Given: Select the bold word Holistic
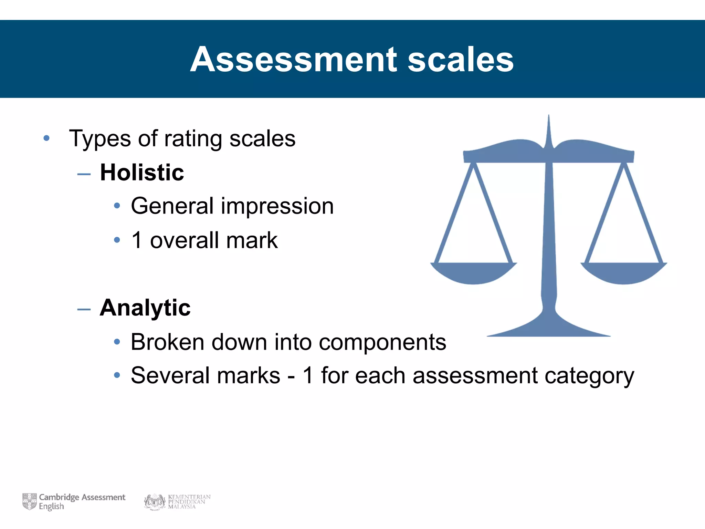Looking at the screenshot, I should coord(142,172).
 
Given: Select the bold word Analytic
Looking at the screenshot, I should coord(145,308).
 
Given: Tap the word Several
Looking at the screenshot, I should coord(171,375).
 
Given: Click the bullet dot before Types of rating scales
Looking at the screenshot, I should coord(46,139).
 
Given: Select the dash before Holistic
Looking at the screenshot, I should coord(84,174).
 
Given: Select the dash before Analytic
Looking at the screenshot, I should coord(84,310).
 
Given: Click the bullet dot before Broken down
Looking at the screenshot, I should coord(117,342).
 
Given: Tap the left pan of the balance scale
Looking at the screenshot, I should coord(473,273).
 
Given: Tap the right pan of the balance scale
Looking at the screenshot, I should coord(624,273).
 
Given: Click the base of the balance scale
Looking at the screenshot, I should coord(548,329).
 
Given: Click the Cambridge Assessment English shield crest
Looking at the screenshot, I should coord(29,501).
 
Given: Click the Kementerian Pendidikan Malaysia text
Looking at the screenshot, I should coord(189,502).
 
